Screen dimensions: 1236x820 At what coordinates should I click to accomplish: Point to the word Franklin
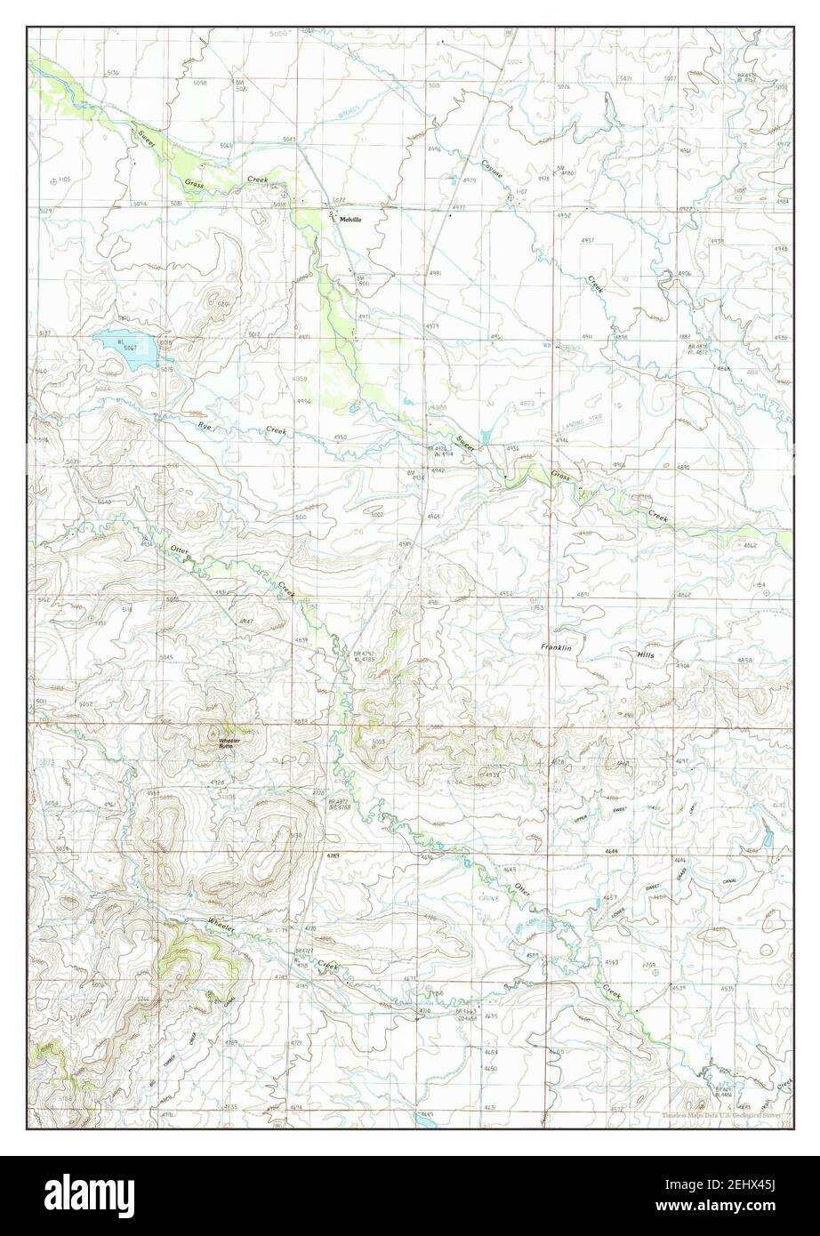pos(554,648)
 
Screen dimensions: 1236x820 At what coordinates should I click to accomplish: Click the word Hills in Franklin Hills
pos(646,654)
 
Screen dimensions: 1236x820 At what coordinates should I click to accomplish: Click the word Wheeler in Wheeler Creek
pos(221,927)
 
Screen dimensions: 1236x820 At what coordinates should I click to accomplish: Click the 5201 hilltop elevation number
pos(223,305)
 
